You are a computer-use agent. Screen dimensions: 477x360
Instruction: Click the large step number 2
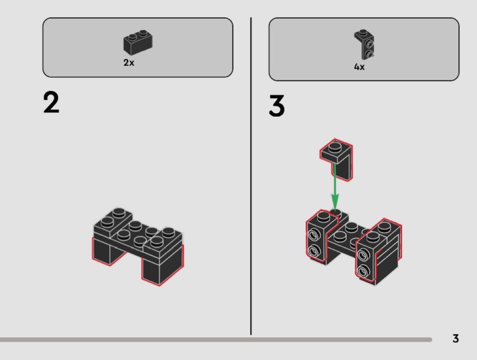pos(51,103)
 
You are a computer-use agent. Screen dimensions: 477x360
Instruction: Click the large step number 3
pos(277,105)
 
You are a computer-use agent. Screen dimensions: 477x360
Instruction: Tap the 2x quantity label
pos(129,63)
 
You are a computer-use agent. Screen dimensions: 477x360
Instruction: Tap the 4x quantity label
pos(359,67)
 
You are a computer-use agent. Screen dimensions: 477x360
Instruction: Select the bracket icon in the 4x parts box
pos(364,44)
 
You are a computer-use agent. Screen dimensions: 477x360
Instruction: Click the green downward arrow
pos(335,186)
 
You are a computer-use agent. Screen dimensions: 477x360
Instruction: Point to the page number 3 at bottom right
pos(455,338)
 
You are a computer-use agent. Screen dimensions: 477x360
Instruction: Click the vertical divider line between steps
pos(251,176)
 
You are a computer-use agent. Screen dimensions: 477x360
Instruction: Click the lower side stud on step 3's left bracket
pos(313,251)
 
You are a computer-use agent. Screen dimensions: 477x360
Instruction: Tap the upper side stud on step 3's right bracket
pos(363,254)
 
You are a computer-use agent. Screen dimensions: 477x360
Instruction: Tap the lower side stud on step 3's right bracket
pos(363,271)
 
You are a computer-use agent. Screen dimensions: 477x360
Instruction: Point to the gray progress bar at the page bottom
pos(216,340)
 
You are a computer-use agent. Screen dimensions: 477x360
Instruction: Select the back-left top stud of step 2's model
pos(119,213)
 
